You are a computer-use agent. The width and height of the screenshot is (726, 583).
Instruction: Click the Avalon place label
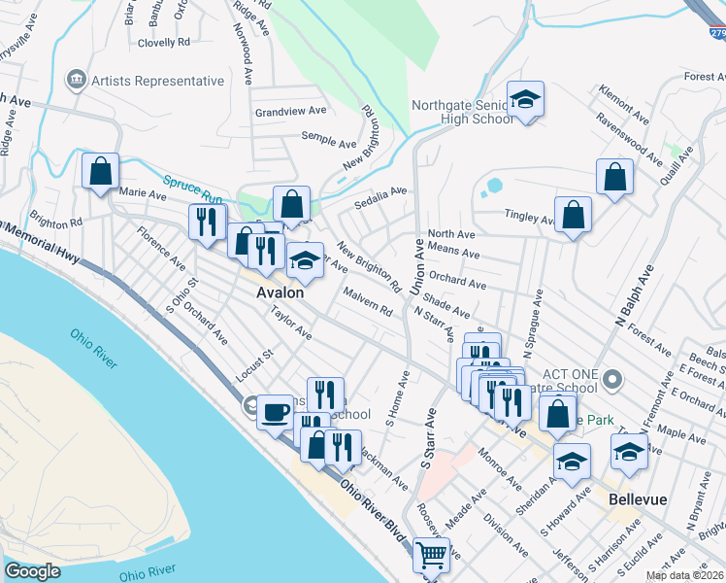pos(280,291)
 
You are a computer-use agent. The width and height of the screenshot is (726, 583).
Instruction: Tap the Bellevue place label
pos(638,498)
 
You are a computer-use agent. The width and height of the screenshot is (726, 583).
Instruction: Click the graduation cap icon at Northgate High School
pos(525,99)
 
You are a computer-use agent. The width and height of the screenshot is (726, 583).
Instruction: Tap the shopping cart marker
pos(429,556)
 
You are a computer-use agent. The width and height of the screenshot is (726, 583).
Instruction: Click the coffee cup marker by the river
pos(274,410)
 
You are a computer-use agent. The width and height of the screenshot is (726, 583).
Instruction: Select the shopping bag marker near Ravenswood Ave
pos(614,177)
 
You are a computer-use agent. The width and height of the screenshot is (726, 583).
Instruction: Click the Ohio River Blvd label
pos(374,506)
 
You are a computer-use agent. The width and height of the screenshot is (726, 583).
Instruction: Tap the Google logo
pos(32,571)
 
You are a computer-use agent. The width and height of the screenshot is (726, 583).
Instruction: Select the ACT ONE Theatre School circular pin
pos(611,377)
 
